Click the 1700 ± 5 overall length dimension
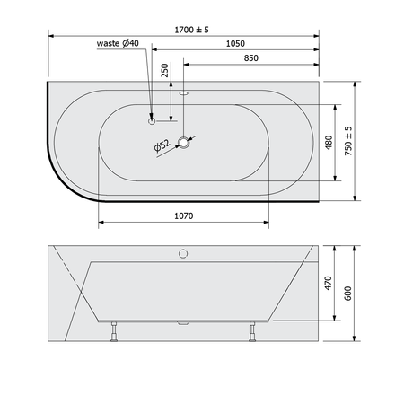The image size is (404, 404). pyautogui.click(x=191, y=30)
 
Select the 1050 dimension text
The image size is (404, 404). pyautogui.click(x=235, y=44)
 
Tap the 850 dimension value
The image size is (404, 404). pyautogui.click(x=250, y=58)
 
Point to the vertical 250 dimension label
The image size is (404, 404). pyautogui.click(x=165, y=70)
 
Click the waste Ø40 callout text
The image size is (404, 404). pyautogui.click(x=118, y=43)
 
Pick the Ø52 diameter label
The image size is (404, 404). pyautogui.click(x=162, y=145)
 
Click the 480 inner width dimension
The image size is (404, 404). pyautogui.click(x=329, y=143)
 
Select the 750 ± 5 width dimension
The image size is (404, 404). pyautogui.click(x=348, y=141)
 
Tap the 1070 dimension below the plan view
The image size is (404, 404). pyautogui.click(x=184, y=215)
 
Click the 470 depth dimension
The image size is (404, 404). pyautogui.click(x=329, y=283)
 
